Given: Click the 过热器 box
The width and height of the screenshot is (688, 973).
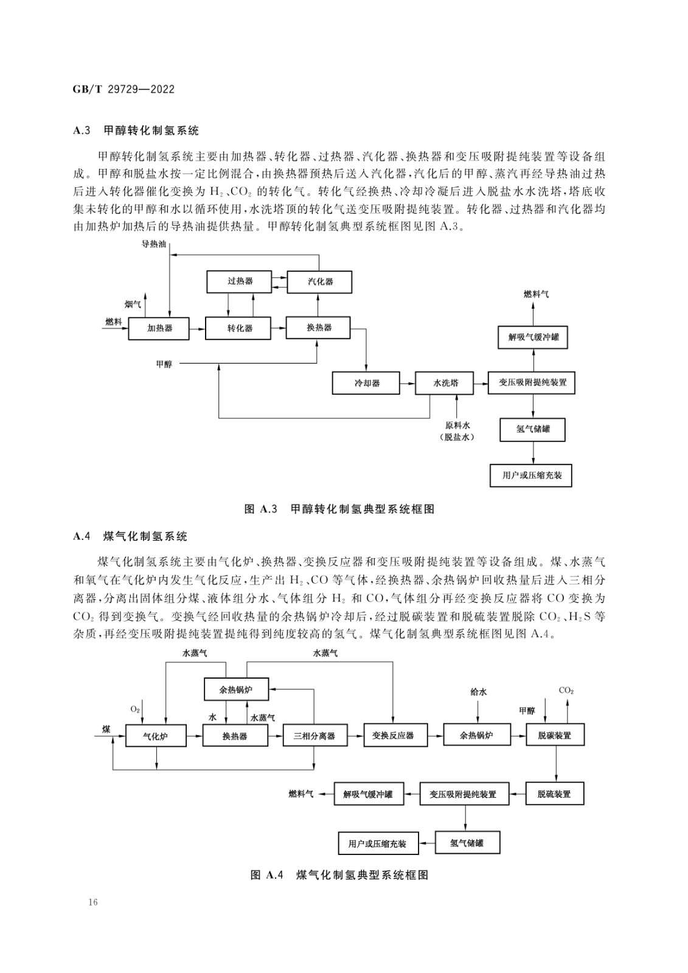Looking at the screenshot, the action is (240, 282).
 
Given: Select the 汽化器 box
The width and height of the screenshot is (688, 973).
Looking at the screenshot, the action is (319, 282).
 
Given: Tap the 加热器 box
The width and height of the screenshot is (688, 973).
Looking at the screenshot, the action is (159, 328).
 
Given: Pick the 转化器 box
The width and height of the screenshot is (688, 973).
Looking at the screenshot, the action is (238, 328).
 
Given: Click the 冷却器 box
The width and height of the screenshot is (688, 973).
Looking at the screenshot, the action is (366, 383).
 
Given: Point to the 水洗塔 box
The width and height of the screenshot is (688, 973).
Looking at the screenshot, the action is (444, 383).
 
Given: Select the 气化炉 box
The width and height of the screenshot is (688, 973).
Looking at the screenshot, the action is (156, 735).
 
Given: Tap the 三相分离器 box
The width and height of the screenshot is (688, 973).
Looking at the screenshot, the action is (315, 735).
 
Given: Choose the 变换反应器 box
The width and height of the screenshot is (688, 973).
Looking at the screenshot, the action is (395, 735).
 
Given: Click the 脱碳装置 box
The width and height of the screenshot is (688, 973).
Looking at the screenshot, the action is (555, 735).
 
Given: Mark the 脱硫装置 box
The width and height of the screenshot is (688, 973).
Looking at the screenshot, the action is (555, 794).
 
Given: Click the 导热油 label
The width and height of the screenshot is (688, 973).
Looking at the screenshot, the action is (154, 244).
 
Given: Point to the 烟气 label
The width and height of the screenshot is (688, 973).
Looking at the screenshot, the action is (133, 305).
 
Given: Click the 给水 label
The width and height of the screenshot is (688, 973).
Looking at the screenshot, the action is (479, 692).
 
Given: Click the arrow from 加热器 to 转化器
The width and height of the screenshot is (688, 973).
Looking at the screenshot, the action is (197, 329).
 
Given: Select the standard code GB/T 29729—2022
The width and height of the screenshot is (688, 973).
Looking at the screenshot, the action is (124, 89).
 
